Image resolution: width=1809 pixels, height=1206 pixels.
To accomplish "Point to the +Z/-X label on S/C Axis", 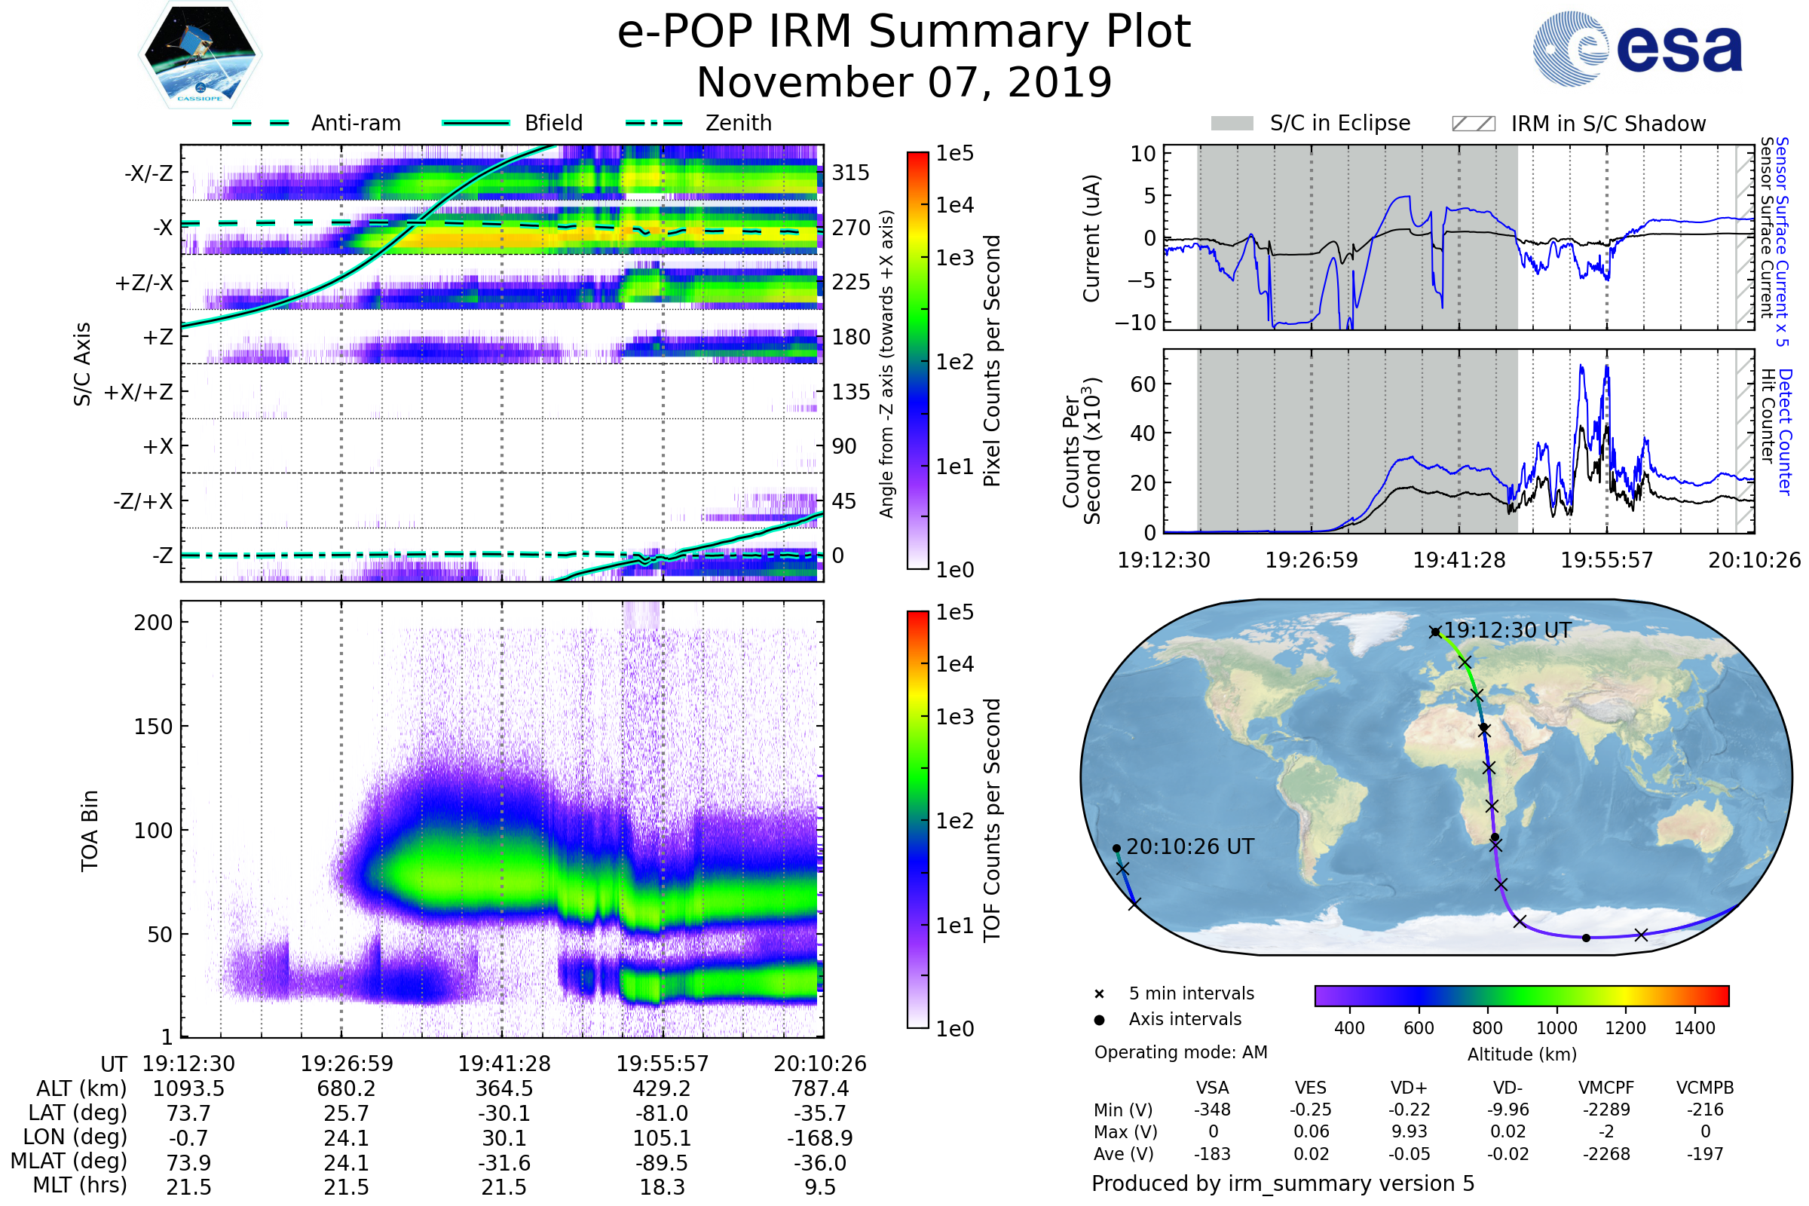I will tap(144, 282).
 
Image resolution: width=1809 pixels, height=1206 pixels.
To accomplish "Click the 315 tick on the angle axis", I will tap(850, 173).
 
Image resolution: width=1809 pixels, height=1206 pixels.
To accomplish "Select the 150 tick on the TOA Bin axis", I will tap(153, 726).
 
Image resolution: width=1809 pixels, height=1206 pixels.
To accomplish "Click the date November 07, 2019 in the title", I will tap(904, 83).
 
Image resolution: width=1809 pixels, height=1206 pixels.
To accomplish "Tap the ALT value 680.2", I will tap(346, 1088).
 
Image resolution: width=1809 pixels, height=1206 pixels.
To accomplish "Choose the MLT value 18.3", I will tap(662, 1186).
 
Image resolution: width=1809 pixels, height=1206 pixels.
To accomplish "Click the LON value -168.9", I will tap(819, 1137).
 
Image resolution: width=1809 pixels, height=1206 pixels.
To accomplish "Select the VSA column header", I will tap(1212, 1088).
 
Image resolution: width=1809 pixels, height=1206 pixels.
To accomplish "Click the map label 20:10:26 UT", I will tap(1189, 846).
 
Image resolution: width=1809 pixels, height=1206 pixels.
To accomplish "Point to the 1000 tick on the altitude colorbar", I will tap(1556, 1028).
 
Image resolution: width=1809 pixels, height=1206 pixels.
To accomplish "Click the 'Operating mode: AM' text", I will tap(1180, 1052).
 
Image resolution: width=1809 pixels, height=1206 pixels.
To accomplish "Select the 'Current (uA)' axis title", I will tap(1091, 238).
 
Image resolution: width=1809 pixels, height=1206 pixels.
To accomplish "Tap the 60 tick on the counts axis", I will tap(1143, 384).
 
